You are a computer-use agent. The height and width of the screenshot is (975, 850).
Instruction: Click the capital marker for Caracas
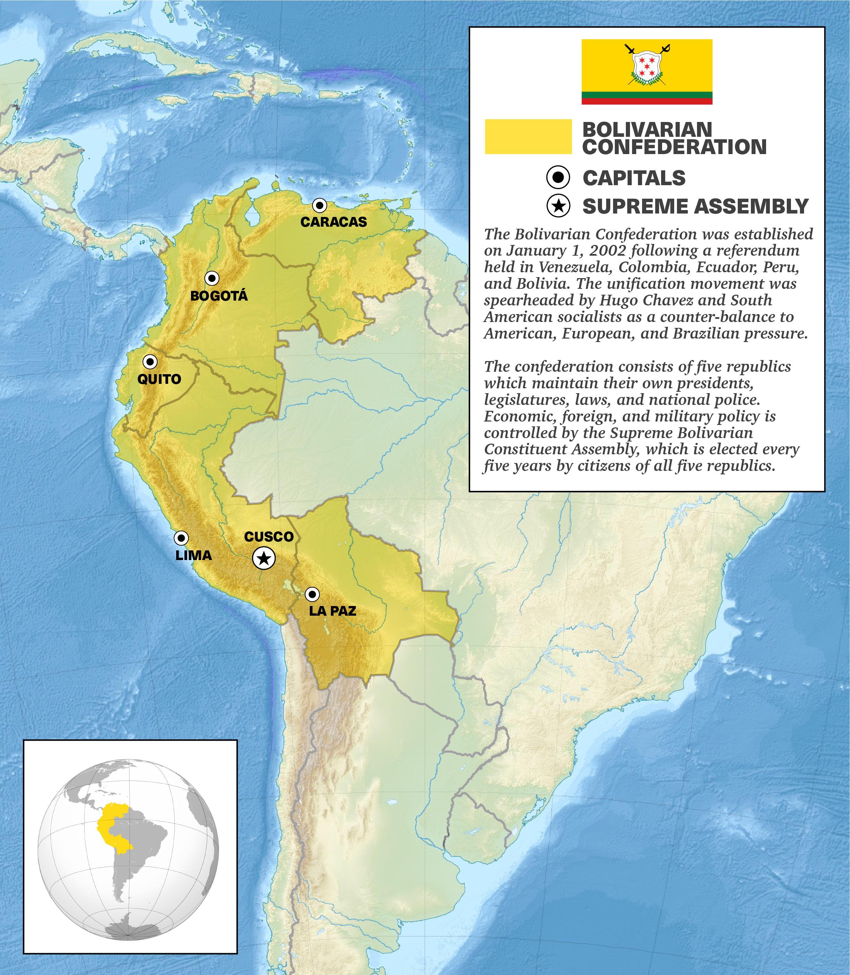pos(320,206)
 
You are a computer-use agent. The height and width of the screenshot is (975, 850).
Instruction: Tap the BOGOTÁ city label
pos(219,296)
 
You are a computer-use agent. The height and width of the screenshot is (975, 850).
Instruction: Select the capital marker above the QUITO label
pos(150,361)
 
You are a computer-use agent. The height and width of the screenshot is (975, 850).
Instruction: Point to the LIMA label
pos(193,555)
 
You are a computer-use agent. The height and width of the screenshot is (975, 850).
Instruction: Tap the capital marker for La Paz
pos(312,594)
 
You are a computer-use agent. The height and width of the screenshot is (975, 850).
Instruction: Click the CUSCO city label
pos(269,537)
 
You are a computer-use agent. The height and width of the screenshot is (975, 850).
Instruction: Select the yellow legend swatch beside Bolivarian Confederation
pos(528,136)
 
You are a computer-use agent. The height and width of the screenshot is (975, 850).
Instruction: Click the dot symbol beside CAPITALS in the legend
pos(558,178)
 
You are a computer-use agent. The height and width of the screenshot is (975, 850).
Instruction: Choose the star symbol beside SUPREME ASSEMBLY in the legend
pos(558,206)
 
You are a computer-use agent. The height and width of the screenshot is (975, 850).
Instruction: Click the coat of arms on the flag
pos(647,66)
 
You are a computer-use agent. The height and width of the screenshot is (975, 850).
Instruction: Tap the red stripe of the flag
pos(647,101)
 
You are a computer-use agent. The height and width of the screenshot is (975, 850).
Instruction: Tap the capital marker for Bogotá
pos(212,278)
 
